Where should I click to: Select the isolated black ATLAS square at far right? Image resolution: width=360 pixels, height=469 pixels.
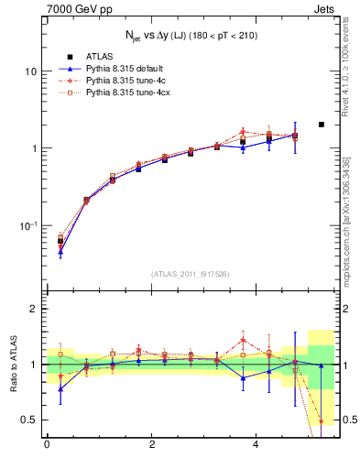[321, 125]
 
